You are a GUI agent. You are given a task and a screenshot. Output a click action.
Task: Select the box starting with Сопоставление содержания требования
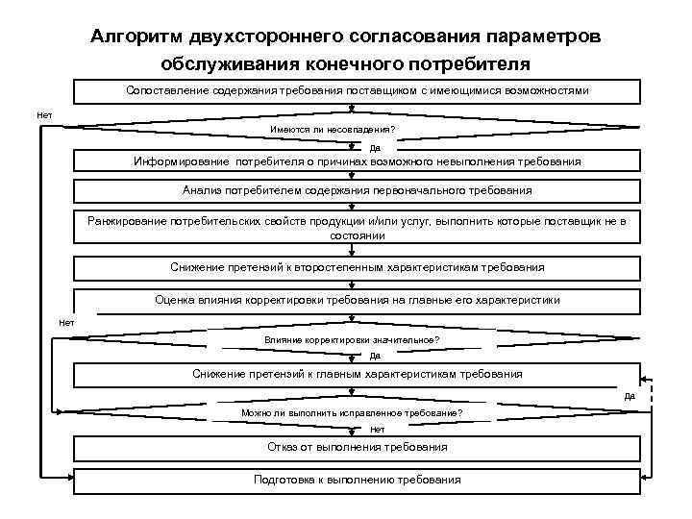point(357,89)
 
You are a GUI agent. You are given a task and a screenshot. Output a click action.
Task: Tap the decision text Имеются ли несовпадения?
point(333,130)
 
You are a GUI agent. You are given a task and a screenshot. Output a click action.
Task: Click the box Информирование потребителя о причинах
point(357,161)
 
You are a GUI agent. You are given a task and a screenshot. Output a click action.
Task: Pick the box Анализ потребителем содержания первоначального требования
point(357,190)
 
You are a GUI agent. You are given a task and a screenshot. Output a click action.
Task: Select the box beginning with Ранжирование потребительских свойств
point(357,227)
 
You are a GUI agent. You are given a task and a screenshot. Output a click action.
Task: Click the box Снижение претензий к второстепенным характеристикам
point(357,267)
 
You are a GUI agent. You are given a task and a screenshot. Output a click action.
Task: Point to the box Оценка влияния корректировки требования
point(357,299)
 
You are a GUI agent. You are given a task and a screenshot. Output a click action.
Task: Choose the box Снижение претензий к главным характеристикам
point(357,373)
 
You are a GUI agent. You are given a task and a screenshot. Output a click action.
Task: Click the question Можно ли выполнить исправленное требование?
point(351,413)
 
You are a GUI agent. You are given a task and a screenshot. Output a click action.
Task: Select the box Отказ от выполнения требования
point(357,447)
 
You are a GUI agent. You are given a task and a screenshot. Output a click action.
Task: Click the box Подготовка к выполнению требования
point(357,480)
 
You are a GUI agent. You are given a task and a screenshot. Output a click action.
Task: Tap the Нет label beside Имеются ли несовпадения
point(44,116)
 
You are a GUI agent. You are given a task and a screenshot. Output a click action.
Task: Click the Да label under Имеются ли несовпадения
point(375,148)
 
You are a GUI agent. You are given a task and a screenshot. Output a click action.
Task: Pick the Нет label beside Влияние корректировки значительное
point(66,323)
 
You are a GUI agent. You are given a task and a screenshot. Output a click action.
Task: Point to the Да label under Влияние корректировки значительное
point(375,356)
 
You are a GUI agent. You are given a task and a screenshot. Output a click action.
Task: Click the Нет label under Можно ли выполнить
point(377,430)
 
